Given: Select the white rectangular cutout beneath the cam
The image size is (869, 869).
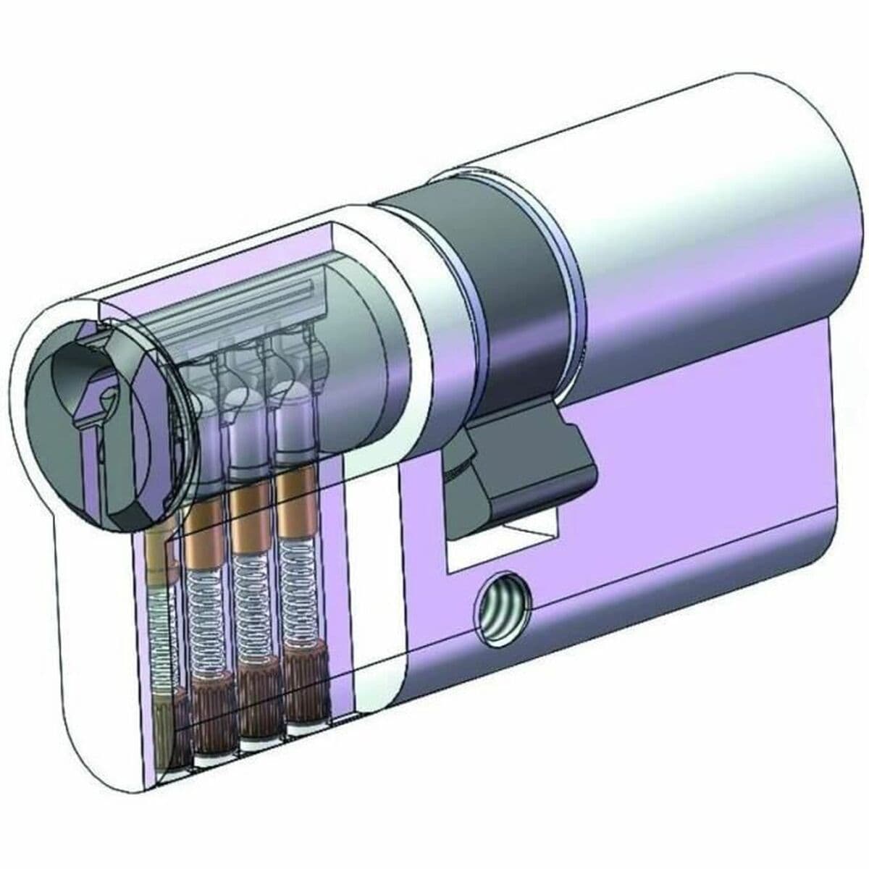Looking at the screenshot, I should point(500,547).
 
